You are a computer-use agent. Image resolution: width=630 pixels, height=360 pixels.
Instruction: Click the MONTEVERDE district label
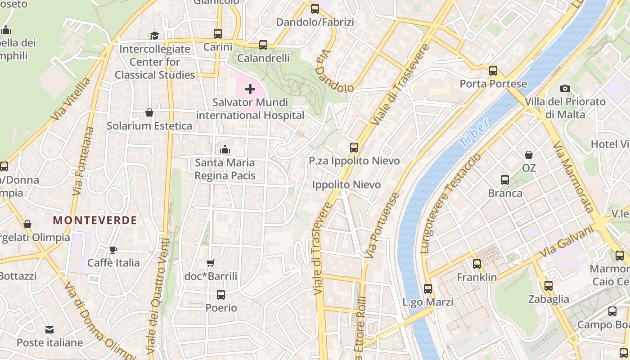coord(95,220)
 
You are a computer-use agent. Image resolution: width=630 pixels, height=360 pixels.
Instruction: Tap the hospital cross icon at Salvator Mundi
coord(250,89)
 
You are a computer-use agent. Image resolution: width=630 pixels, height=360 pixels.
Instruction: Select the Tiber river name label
coord(474,134)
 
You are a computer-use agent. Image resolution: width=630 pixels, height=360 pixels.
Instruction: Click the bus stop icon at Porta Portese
coord(493,71)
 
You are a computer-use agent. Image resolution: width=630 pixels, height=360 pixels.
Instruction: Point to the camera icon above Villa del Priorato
coord(565,89)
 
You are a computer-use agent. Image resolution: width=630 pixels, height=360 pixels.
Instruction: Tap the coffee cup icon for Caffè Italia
coord(113,250)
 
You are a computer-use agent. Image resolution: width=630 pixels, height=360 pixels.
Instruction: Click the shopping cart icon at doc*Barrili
coord(210,263)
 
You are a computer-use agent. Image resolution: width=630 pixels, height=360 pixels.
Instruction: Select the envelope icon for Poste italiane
coord(49,330)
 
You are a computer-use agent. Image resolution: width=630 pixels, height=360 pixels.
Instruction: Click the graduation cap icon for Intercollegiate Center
coord(154,36)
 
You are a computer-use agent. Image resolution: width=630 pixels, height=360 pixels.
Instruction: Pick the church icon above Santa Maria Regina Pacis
coord(225,149)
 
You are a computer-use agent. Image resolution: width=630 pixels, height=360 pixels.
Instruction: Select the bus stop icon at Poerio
coord(221,295)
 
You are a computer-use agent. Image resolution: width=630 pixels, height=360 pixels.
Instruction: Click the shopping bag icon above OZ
coord(529,155)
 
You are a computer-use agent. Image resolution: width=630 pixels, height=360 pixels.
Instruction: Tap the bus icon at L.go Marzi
coord(428,289)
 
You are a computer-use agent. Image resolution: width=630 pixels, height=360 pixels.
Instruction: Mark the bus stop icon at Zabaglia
coord(548,286)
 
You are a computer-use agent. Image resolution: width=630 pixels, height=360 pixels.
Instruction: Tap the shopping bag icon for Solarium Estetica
coord(149,112)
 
